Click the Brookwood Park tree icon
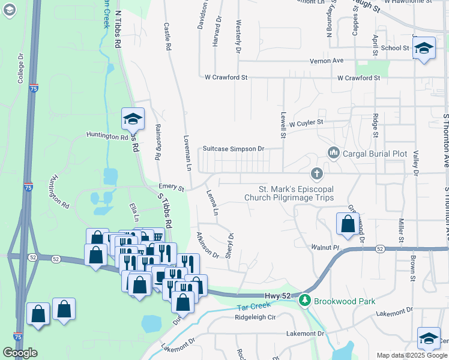305,299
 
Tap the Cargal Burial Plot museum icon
334,154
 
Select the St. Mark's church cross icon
317,174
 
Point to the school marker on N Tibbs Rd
133,119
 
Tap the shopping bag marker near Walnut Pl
348,224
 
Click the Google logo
20,353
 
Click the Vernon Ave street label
326,61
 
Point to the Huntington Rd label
107,136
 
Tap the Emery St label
171,187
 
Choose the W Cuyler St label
306,122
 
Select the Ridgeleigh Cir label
255,317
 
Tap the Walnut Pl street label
325,247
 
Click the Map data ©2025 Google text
411,355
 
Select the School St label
394,48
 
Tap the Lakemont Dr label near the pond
305,333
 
